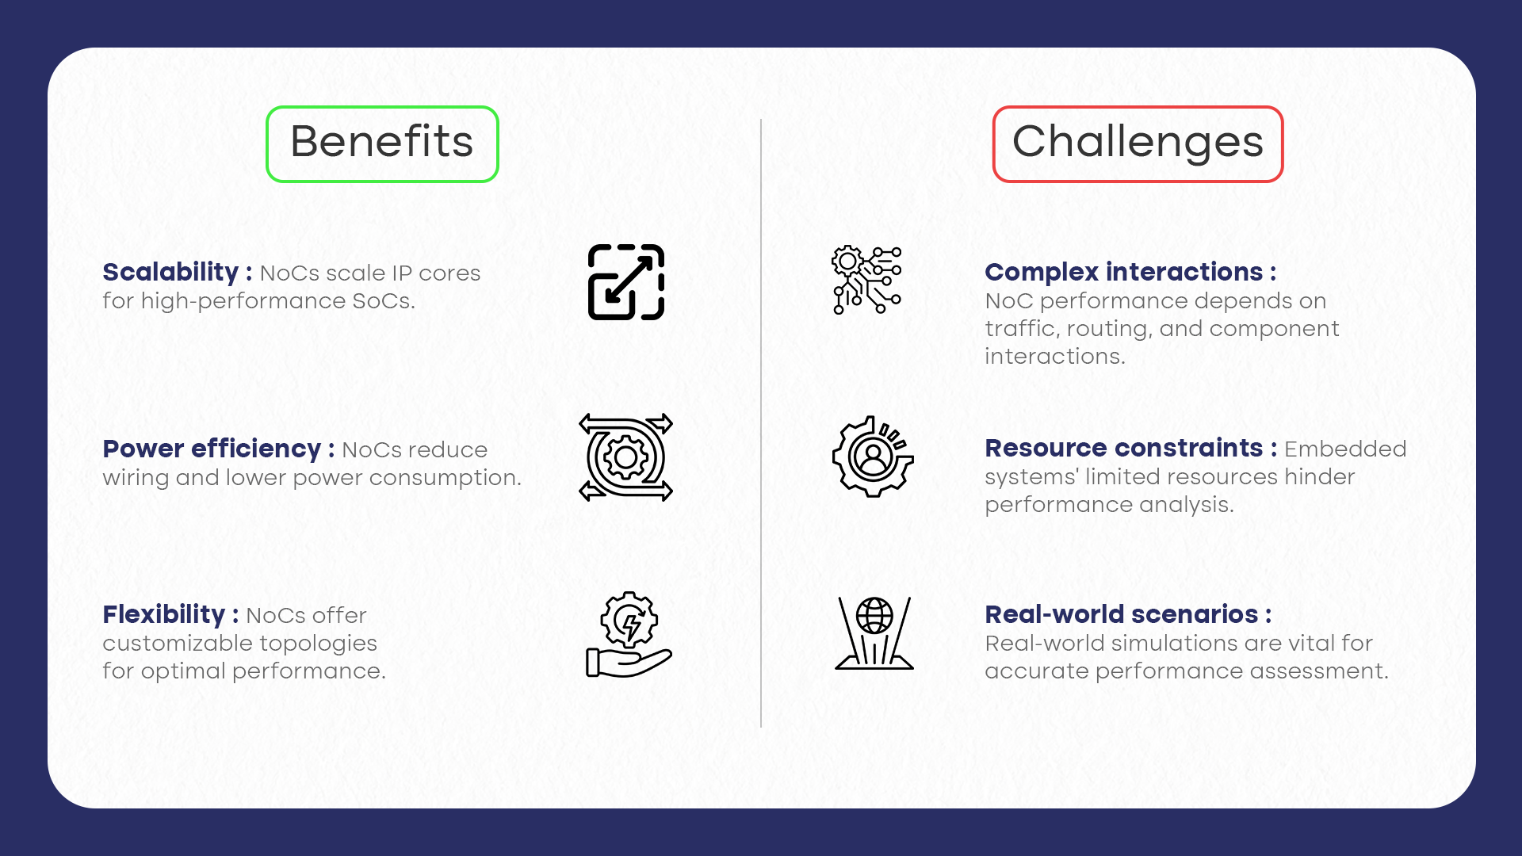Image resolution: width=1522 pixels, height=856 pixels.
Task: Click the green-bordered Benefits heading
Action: [x=382, y=143]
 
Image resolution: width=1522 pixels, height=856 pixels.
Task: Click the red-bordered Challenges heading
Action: [x=1138, y=143]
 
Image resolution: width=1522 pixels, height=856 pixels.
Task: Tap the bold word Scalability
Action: [x=170, y=272]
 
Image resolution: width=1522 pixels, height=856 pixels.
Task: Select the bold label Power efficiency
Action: [x=212, y=449]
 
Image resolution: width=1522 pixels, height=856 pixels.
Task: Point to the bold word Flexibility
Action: [x=164, y=614]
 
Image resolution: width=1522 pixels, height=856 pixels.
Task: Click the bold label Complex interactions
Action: [x=1123, y=272]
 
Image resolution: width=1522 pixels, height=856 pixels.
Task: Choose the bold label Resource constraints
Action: [x=1123, y=448]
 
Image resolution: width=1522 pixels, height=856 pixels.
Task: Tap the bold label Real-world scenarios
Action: [x=1121, y=614]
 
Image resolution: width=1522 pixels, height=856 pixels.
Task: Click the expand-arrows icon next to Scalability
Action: [x=626, y=282]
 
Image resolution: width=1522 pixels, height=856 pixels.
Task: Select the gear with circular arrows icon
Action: [x=626, y=457]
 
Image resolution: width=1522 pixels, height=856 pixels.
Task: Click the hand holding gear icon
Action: [x=629, y=634]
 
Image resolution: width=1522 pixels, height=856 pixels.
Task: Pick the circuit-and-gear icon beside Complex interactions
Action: [x=866, y=280]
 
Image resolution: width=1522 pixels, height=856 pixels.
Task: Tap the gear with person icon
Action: [x=873, y=457]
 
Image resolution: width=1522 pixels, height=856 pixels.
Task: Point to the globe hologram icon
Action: [x=874, y=633]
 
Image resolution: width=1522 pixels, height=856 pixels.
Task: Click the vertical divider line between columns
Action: [x=761, y=423]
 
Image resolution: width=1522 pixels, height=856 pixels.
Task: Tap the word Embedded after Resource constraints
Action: [x=1345, y=449]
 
